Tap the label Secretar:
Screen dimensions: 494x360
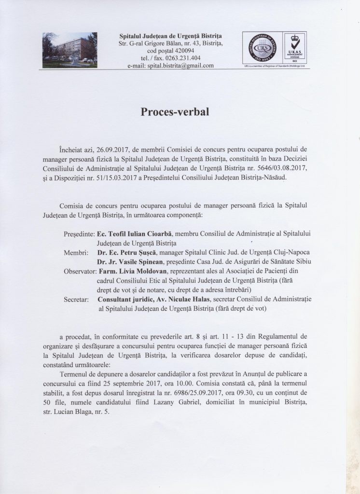pyautogui.click(x=76, y=300)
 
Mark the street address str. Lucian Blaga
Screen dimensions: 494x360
pyautogui.click(x=76, y=412)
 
